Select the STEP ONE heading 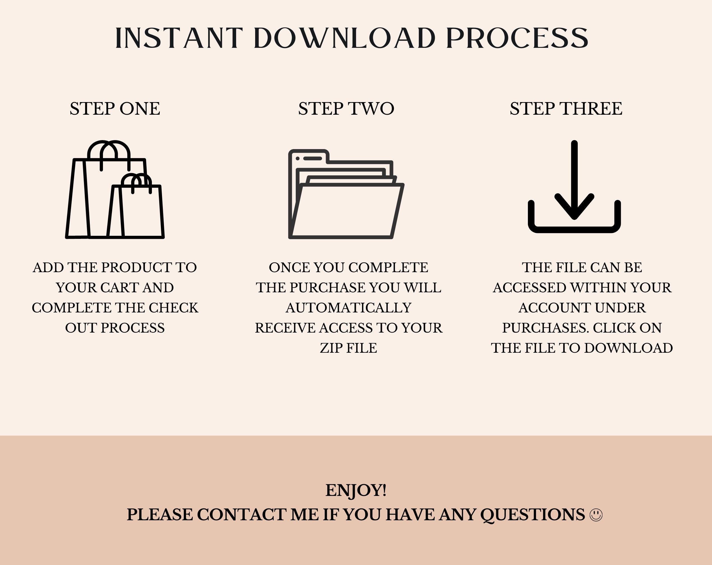pyautogui.click(x=115, y=109)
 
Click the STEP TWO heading pyautogui.click(x=346, y=109)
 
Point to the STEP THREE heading pyautogui.click(x=566, y=109)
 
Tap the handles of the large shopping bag pyautogui.click(x=109, y=152)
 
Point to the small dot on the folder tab pyautogui.click(x=298, y=159)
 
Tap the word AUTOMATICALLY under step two pyautogui.click(x=348, y=308)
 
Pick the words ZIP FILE pyautogui.click(x=348, y=348)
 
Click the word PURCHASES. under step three pyautogui.click(x=545, y=328)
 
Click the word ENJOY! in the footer pyautogui.click(x=356, y=490)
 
